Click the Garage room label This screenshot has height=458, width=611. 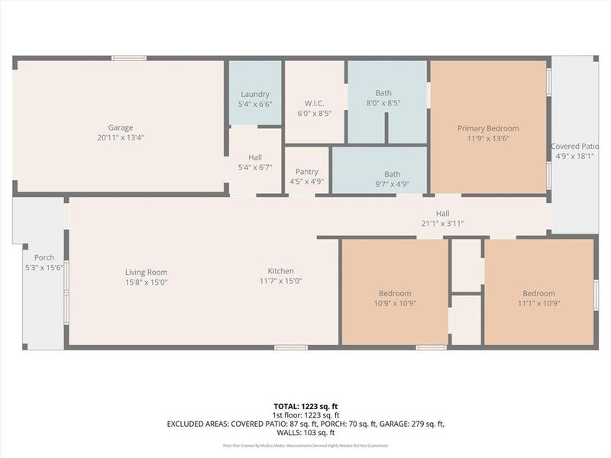pyautogui.click(x=121, y=127)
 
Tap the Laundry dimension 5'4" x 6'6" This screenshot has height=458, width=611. pyautogui.click(x=255, y=104)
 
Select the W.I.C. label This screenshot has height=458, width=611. pyautogui.click(x=315, y=104)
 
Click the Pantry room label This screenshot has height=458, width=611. pyautogui.click(x=306, y=172)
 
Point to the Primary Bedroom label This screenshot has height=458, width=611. pyautogui.click(x=488, y=128)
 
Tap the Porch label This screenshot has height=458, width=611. pyautogui.click(x=44, y=257)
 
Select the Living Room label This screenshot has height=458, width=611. pyautogui.click(x=147, y=272)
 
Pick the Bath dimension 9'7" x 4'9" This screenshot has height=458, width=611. pyautogui.click(x=392, y=184)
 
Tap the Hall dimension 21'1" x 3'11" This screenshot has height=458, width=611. pyautogui.click(x=442, y=224)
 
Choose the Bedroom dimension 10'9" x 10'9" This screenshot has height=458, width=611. pyautogui.click(x=395, y=303)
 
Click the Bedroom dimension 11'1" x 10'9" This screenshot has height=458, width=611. pyautogui.click(x=538, y=303)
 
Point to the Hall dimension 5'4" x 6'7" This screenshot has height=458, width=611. pyautogui.click(x=255, y=167)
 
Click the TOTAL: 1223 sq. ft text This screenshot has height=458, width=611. pyautogui.click(x=305, y=405)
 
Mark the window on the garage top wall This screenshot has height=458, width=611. pyautogui.click(x=128, y=58)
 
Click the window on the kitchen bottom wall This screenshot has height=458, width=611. pyautogui.click(x=291, y=347)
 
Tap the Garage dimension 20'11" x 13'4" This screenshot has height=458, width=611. pyautogui.click(x=121, y=137)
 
